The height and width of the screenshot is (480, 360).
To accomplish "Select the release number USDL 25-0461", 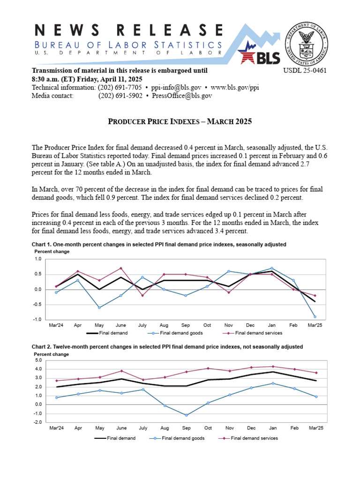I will tap(305, 71).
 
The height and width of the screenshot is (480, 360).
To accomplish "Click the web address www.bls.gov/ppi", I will tap(234, 88).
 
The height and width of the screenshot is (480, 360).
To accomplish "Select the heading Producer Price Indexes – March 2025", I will tap(180, 122).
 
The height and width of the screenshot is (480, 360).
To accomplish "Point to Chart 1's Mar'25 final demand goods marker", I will tap(315, 317).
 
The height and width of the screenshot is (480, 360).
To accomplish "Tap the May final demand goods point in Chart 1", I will tap(99, 307).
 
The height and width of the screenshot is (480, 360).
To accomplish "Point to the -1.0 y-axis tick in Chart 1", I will tap(37, 320).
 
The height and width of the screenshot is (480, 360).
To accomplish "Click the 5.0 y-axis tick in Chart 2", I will tap(38, 360).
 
